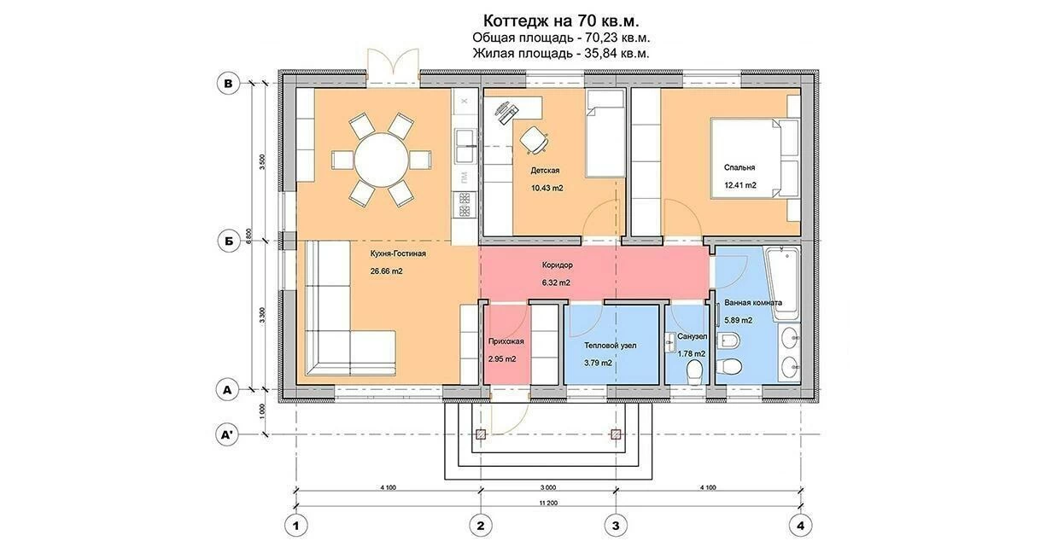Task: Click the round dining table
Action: click(381, 160)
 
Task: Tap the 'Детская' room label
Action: click(545, 171)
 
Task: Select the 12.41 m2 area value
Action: click(740, 185)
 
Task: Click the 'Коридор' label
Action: click(557, 265)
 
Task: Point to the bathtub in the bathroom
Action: click(782, 282)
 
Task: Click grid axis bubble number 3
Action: click(616, 526)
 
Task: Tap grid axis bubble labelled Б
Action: click(229, 241)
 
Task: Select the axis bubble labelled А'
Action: click(228, 434)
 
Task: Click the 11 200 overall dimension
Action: click(548, 503)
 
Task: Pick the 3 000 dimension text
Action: click(547, 487)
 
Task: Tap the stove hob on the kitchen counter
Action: click(464, 204)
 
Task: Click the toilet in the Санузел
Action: click(694, 373)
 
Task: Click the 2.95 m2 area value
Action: click(502, 359)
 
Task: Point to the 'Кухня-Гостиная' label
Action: click(398, 253)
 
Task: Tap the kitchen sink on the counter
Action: click(464, 145)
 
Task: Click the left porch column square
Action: click(481, 434)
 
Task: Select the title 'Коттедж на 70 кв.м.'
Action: click(561, 21)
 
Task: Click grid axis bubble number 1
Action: click(295, 526)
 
